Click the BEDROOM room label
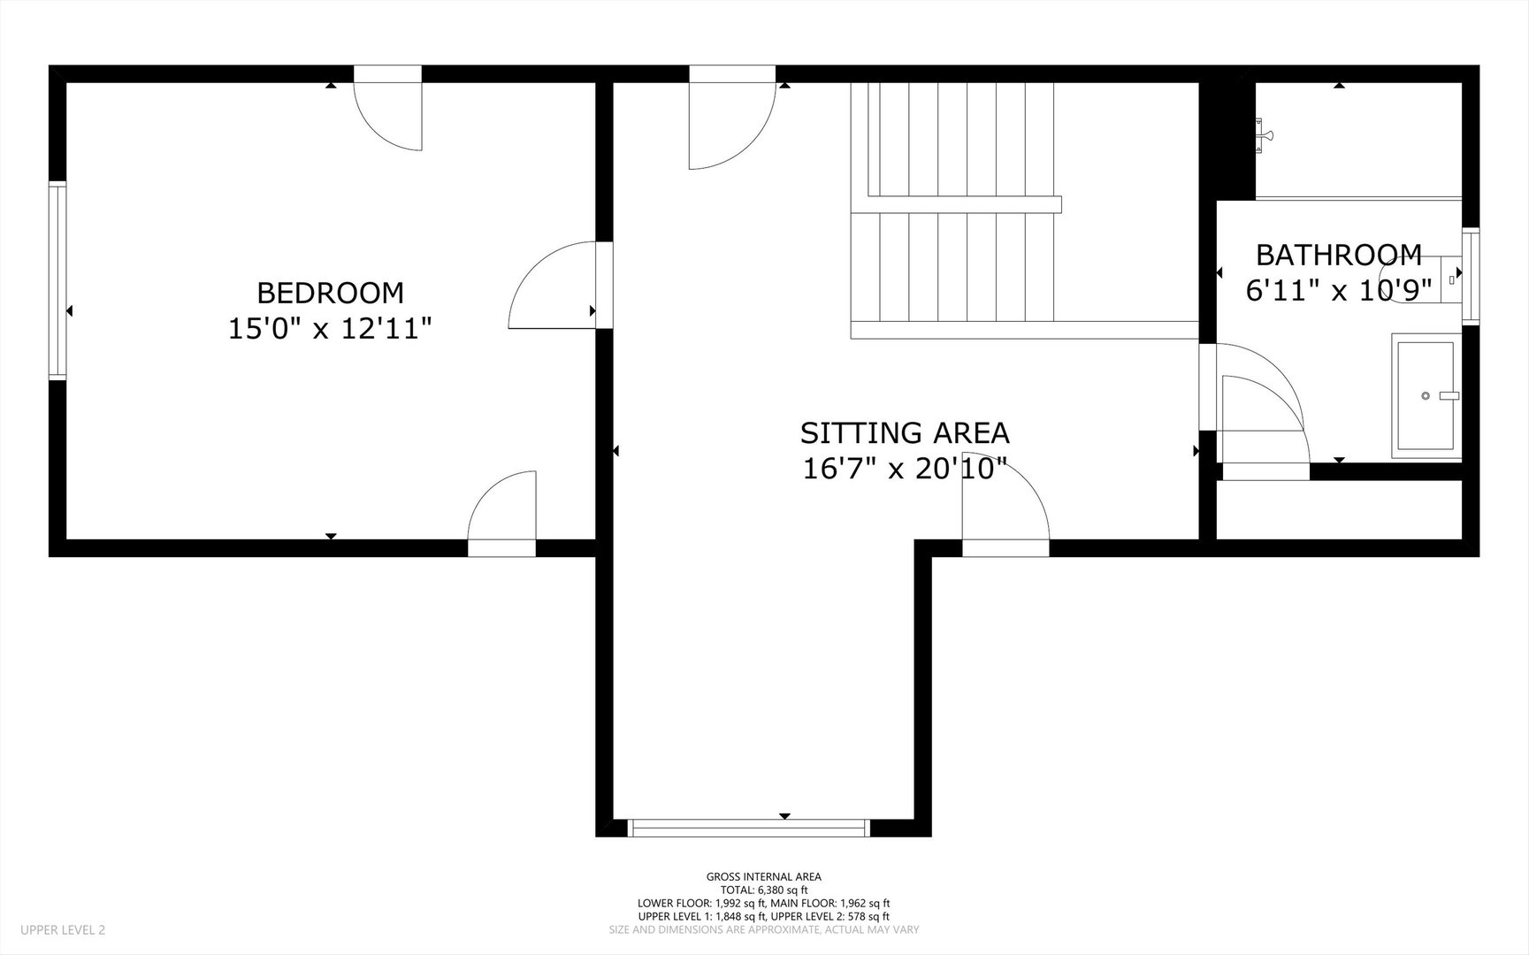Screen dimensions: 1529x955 [x=330, y=292]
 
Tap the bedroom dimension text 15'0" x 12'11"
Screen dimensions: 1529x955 [x=330, y=329]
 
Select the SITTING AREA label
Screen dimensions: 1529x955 [x=905, y=432]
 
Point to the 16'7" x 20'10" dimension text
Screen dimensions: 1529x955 [x=905, y=468]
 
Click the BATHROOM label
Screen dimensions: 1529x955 [x=1339, y=256]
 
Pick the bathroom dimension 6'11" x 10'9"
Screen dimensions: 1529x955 [x=1338, y=290]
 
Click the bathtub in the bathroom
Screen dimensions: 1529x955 [x=1426, y=395]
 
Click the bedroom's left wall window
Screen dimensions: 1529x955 [x=57, y=280]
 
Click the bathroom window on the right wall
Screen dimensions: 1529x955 [x=1470, y=276]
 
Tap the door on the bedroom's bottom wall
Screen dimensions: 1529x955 [x=501, y=513]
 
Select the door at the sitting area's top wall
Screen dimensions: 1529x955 [x=732, y=125]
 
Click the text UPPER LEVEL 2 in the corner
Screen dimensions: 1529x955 [x=62, y=929]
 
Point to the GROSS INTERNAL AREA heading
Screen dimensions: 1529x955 [x=763, y=877]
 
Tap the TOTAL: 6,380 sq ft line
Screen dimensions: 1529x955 [x=763, y=890]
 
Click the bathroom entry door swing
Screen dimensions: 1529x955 [x=1262, y=403]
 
